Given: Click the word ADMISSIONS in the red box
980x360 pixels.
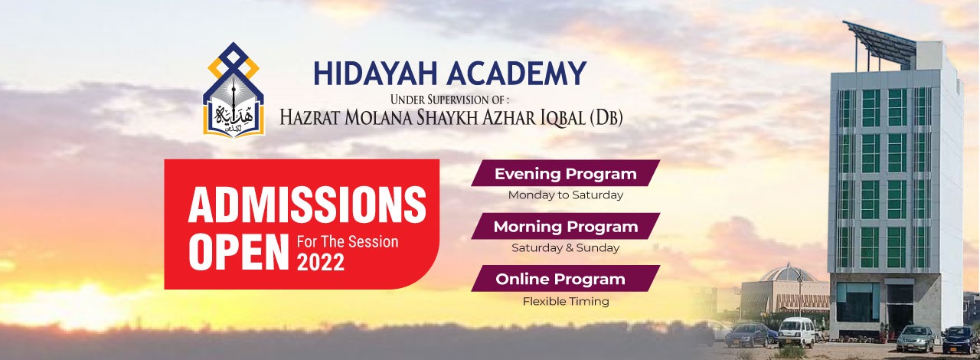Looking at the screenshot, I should coord(307,205).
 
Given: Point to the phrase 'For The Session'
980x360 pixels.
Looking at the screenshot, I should coord(348,241).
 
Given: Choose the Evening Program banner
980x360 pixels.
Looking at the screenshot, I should coord(565,174).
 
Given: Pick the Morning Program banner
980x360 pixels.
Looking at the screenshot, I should coord(565,227).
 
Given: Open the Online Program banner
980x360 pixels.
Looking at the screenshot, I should coord(565,280).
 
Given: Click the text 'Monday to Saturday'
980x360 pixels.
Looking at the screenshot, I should coord(565,195).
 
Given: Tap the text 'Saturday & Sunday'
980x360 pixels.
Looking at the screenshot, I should coord(565,248).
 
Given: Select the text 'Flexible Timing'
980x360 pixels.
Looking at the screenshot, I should coord(565,301).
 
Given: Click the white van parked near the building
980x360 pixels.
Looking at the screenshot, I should coord(796,331).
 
